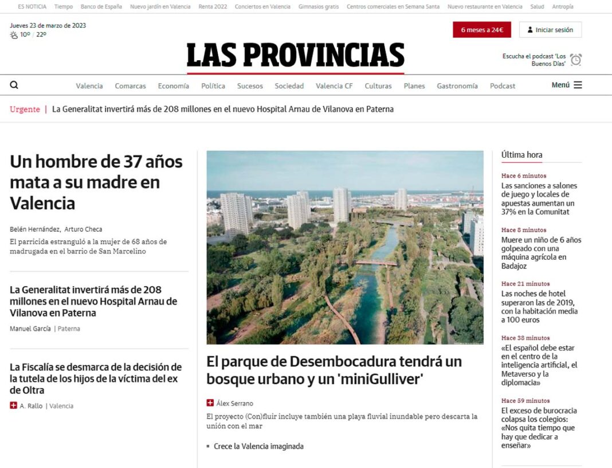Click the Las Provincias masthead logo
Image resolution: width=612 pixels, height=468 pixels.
295,56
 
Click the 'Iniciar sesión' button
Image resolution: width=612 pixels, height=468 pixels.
550,30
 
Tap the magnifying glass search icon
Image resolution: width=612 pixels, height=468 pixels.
14,85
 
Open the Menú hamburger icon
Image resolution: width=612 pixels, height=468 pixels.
578,85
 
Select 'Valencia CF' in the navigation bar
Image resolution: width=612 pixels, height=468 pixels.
334,86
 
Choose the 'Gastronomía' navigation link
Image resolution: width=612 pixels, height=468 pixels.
457,86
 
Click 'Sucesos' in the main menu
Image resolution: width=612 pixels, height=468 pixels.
250,86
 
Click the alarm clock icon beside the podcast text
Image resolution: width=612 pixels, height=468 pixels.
576,60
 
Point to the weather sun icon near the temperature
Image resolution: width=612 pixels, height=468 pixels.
14,35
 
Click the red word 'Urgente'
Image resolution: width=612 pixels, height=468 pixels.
25,109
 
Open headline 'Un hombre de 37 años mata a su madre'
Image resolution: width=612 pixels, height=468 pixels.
96,182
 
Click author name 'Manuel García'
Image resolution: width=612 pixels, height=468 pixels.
30,329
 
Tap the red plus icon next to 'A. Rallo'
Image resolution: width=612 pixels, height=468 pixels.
14,405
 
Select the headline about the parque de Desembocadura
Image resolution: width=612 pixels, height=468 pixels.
334,370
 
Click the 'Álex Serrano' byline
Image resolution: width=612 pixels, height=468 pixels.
234,403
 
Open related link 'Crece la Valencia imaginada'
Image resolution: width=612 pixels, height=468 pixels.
258,446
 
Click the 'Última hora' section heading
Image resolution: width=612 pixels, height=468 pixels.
521,155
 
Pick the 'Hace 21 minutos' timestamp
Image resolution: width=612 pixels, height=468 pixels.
525,284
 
